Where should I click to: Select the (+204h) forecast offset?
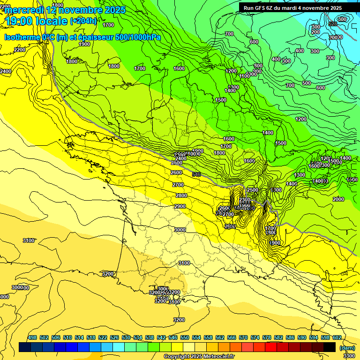[x=83, y=21]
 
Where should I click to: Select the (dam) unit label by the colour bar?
[x=347, y=348]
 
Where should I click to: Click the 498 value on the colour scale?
[x=32, y=338]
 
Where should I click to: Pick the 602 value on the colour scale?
[x=337, y=338]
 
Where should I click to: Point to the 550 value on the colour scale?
[x=185, y=338]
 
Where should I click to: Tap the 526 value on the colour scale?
[x=114, y=338]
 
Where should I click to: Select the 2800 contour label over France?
[x=181, y=195]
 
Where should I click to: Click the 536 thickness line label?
[x=196, y=174]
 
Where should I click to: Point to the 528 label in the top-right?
[x=333, y=24]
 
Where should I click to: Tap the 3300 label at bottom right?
[x=349, y=356]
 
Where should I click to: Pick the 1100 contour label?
[x=245, y=76]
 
